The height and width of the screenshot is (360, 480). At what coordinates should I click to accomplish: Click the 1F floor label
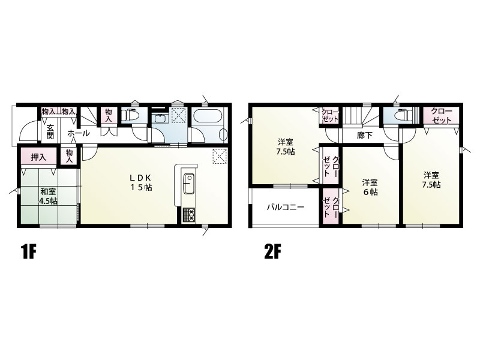[28, 252]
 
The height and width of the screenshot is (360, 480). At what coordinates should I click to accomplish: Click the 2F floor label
[272, 252]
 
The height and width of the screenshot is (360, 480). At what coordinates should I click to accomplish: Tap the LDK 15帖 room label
[141, 183]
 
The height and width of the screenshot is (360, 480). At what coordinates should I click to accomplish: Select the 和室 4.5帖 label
[48, 197]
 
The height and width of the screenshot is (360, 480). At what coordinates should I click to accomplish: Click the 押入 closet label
[38, 157]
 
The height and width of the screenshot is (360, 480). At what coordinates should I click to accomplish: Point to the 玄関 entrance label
[50, 132]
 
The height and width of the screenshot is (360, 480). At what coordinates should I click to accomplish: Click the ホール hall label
[79, 133]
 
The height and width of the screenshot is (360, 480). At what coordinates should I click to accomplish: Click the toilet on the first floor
[130, 115]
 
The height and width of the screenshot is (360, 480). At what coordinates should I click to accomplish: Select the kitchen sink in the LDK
[188, 184]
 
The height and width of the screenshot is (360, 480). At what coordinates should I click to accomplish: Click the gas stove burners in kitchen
[189, 214]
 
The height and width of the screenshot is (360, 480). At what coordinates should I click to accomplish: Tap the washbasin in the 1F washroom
[160, 118]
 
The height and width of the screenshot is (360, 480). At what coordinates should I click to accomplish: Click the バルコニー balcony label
[286, 208]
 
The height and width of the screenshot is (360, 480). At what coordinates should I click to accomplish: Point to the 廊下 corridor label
[365, 135]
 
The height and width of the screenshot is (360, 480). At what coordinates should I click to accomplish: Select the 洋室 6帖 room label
[370, 187]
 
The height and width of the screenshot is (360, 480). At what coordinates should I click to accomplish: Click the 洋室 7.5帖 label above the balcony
[286, 146]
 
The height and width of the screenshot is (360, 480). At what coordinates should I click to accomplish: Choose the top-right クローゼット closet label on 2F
[441, 115]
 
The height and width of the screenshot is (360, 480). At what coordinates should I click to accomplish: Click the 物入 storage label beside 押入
[69, 156]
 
